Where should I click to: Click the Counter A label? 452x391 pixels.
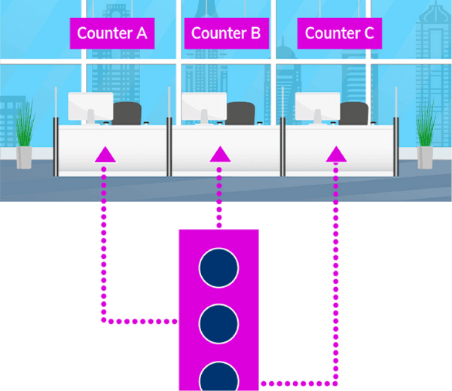(112, 33)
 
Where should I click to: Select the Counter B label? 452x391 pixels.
(225, 33)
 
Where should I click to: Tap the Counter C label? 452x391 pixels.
(339, 33)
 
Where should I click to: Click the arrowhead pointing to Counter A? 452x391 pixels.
(105, 155)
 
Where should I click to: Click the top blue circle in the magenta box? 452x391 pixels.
(218, 266)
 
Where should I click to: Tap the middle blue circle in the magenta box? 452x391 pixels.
(218, 322)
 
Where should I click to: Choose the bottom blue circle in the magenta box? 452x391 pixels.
(218, 376)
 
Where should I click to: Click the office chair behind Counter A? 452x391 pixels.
(127, 113)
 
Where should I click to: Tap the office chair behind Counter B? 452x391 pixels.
(240, 113)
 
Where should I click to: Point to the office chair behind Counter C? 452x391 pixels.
(354, 113)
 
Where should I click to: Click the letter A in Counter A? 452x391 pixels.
(142, 33)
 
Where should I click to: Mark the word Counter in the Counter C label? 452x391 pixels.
(332, 33)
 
